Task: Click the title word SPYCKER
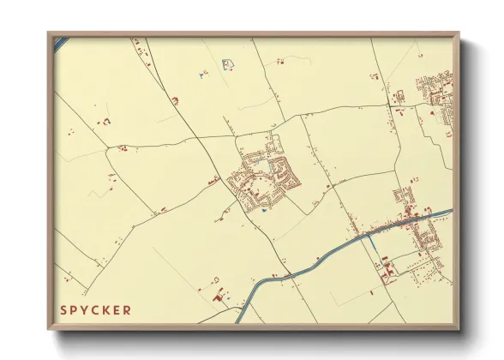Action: [95, 309]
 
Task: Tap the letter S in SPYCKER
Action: [63, 309]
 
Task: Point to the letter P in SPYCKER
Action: [74, 309]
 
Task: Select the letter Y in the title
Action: [84, 309]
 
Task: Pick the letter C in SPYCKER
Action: [95, 309]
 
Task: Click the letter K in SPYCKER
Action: [106, 309]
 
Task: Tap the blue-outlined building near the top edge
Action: [228, 63]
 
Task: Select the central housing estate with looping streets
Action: [267, 176]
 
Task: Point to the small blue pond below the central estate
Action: [263, 212]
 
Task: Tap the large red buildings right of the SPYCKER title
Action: [217, 297]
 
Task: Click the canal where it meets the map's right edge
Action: [449, 211]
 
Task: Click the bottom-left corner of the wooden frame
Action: [50, 329]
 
